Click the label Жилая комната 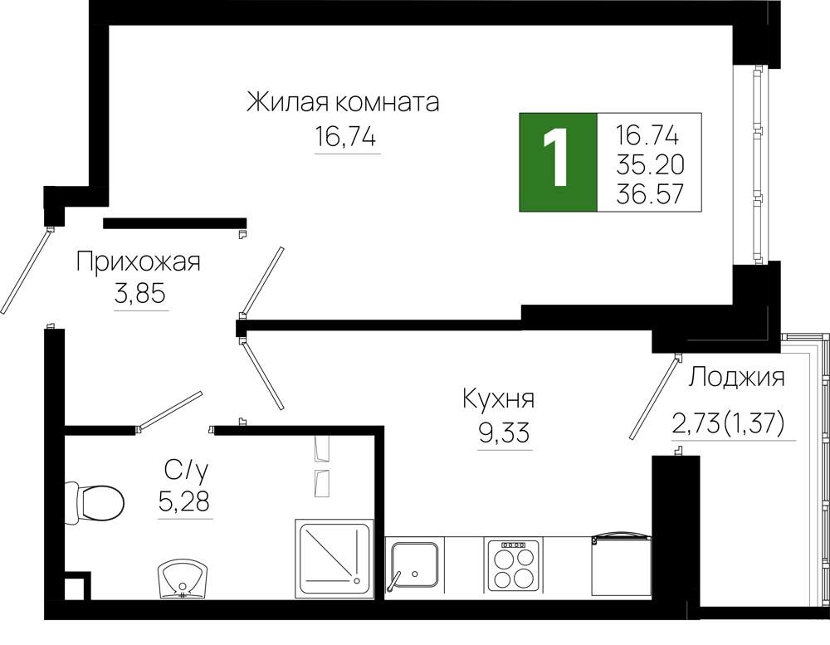point(343,102)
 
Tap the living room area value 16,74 point(345,137)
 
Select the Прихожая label point(138,261)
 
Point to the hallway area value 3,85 point(139,293)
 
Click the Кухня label point(499,398)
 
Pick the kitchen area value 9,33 point(504,433)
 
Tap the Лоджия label point(737,378)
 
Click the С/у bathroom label point(186,469)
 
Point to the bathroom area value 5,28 point(184,501)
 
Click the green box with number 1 point(558,162)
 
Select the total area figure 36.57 point(650,194)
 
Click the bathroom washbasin point(183,579)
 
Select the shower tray point(334,559)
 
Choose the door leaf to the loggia point(654,398)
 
